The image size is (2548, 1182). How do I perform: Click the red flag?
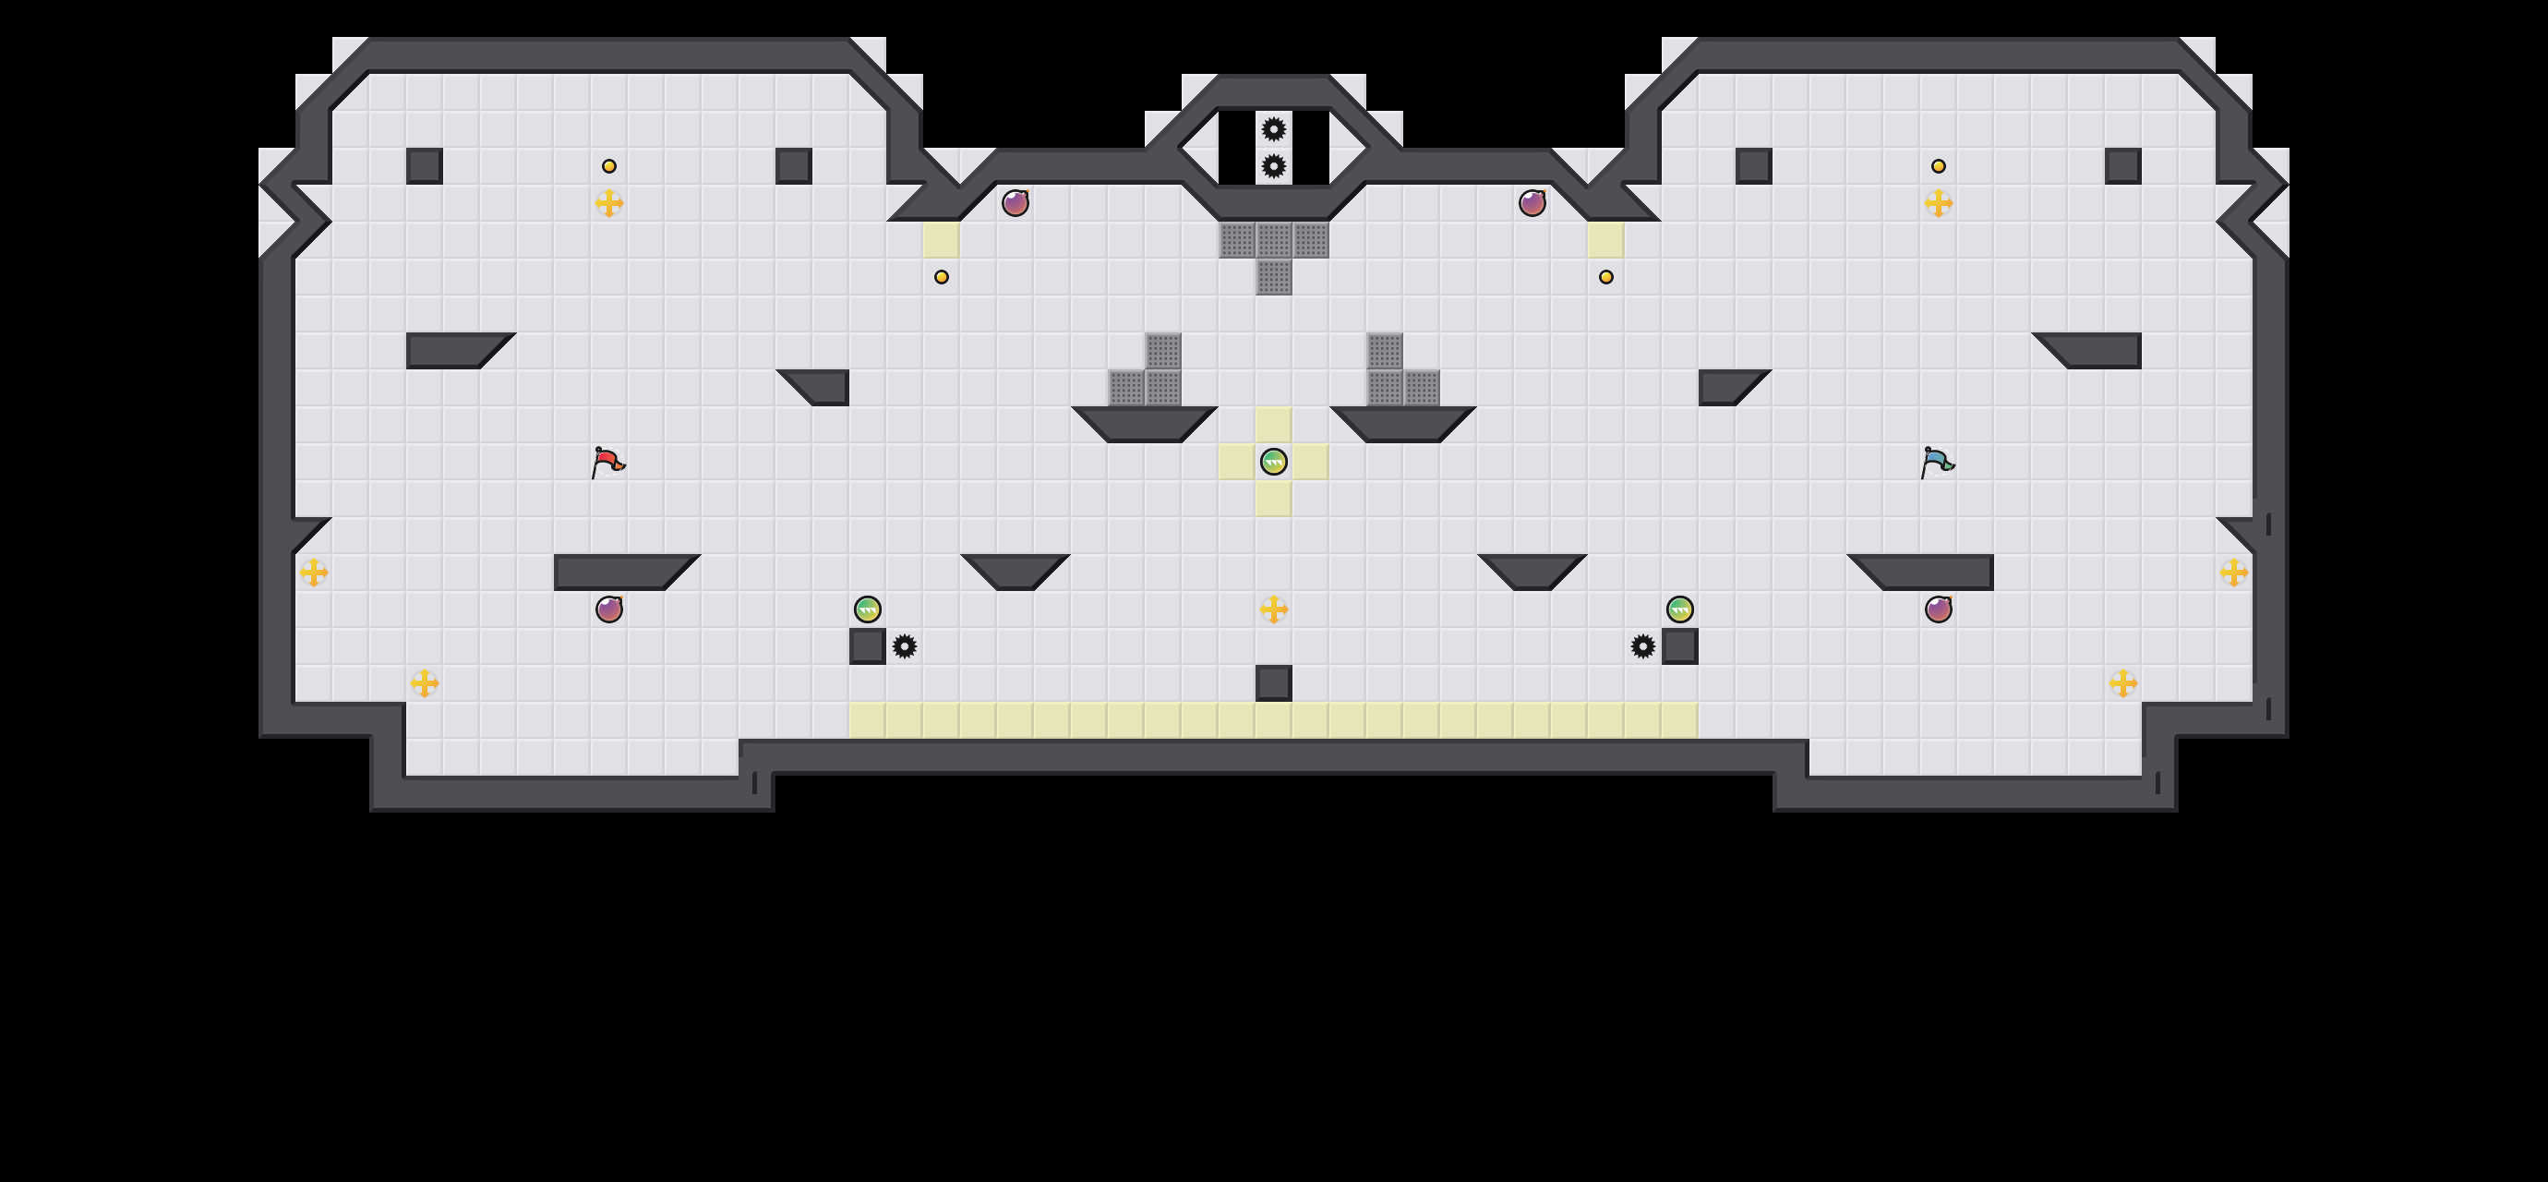click(x=607, y=462)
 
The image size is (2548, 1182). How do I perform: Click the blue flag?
click(x=1937, y=462)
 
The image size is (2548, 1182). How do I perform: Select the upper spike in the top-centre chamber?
click(x=1274, y=128)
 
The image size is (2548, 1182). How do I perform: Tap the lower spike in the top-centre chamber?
click(x=1274, y=166)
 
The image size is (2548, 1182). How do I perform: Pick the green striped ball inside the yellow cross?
click(x=1274, y=462)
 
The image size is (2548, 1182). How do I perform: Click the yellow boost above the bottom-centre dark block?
click(x=1274, y=609)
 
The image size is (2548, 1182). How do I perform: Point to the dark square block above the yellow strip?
click(x=1274, y=682)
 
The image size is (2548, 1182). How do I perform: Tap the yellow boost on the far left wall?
click(x=314, y=573)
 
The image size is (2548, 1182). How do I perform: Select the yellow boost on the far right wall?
click(x=2233, y=573)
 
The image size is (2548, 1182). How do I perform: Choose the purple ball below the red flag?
click(x=609, y=609)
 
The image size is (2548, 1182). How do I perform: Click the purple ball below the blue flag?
click(x=1939, y=609)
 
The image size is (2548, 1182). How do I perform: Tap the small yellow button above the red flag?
click(x=609, y=166)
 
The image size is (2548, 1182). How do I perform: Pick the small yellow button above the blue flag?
click(x=1939, y=166)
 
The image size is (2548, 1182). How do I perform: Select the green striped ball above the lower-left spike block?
click(x=868, y=609)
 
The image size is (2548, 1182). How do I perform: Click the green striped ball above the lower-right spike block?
click(x=1679, y=609)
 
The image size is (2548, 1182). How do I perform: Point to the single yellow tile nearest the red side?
click(x=942, y=239)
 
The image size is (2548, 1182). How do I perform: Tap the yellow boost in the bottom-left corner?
click(x=425, y=682)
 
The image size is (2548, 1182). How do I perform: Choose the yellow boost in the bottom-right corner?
click(x=2122, y=682)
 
